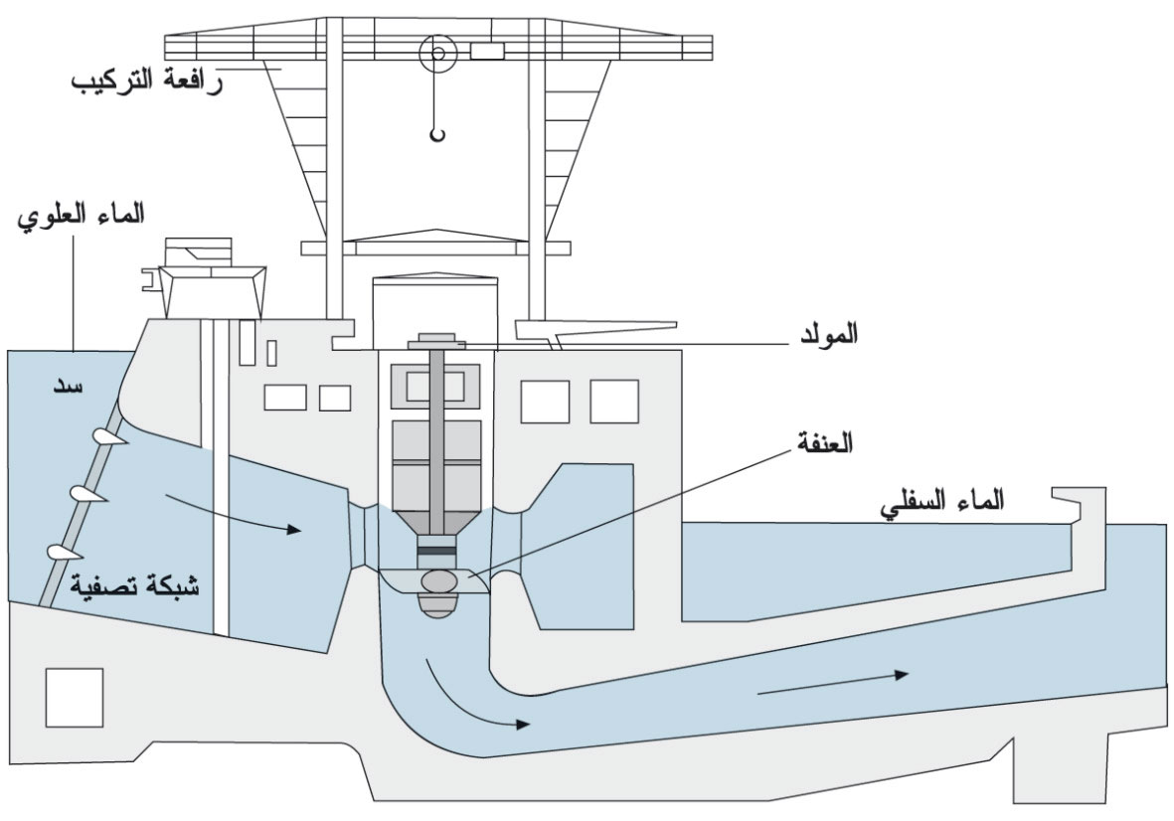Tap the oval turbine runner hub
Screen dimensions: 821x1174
tap(437, 579)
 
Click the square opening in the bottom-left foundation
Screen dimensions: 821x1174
tap(75, 697)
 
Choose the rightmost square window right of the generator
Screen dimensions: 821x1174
tap(614, 402)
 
